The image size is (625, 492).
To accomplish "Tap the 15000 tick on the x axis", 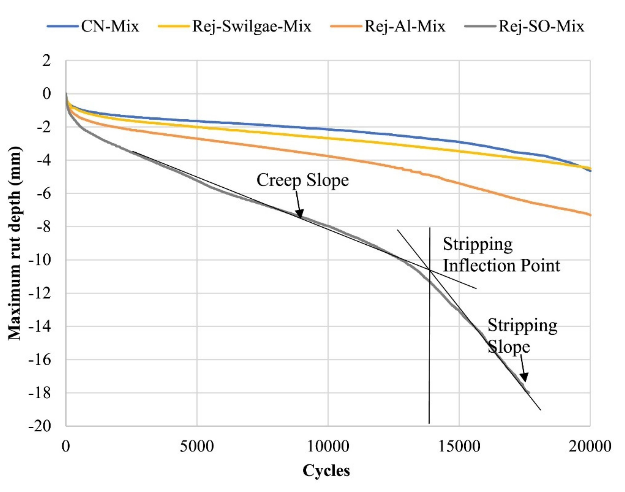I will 459,447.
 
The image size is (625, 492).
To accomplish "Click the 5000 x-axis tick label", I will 197,447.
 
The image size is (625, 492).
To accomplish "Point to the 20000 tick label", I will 590,447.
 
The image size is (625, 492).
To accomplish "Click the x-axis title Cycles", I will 326,471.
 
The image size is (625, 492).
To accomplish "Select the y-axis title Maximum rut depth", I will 14,243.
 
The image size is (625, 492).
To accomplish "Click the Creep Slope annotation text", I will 302,180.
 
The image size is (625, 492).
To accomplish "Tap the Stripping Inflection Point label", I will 501,255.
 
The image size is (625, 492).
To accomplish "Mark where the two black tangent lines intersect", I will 430,270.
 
